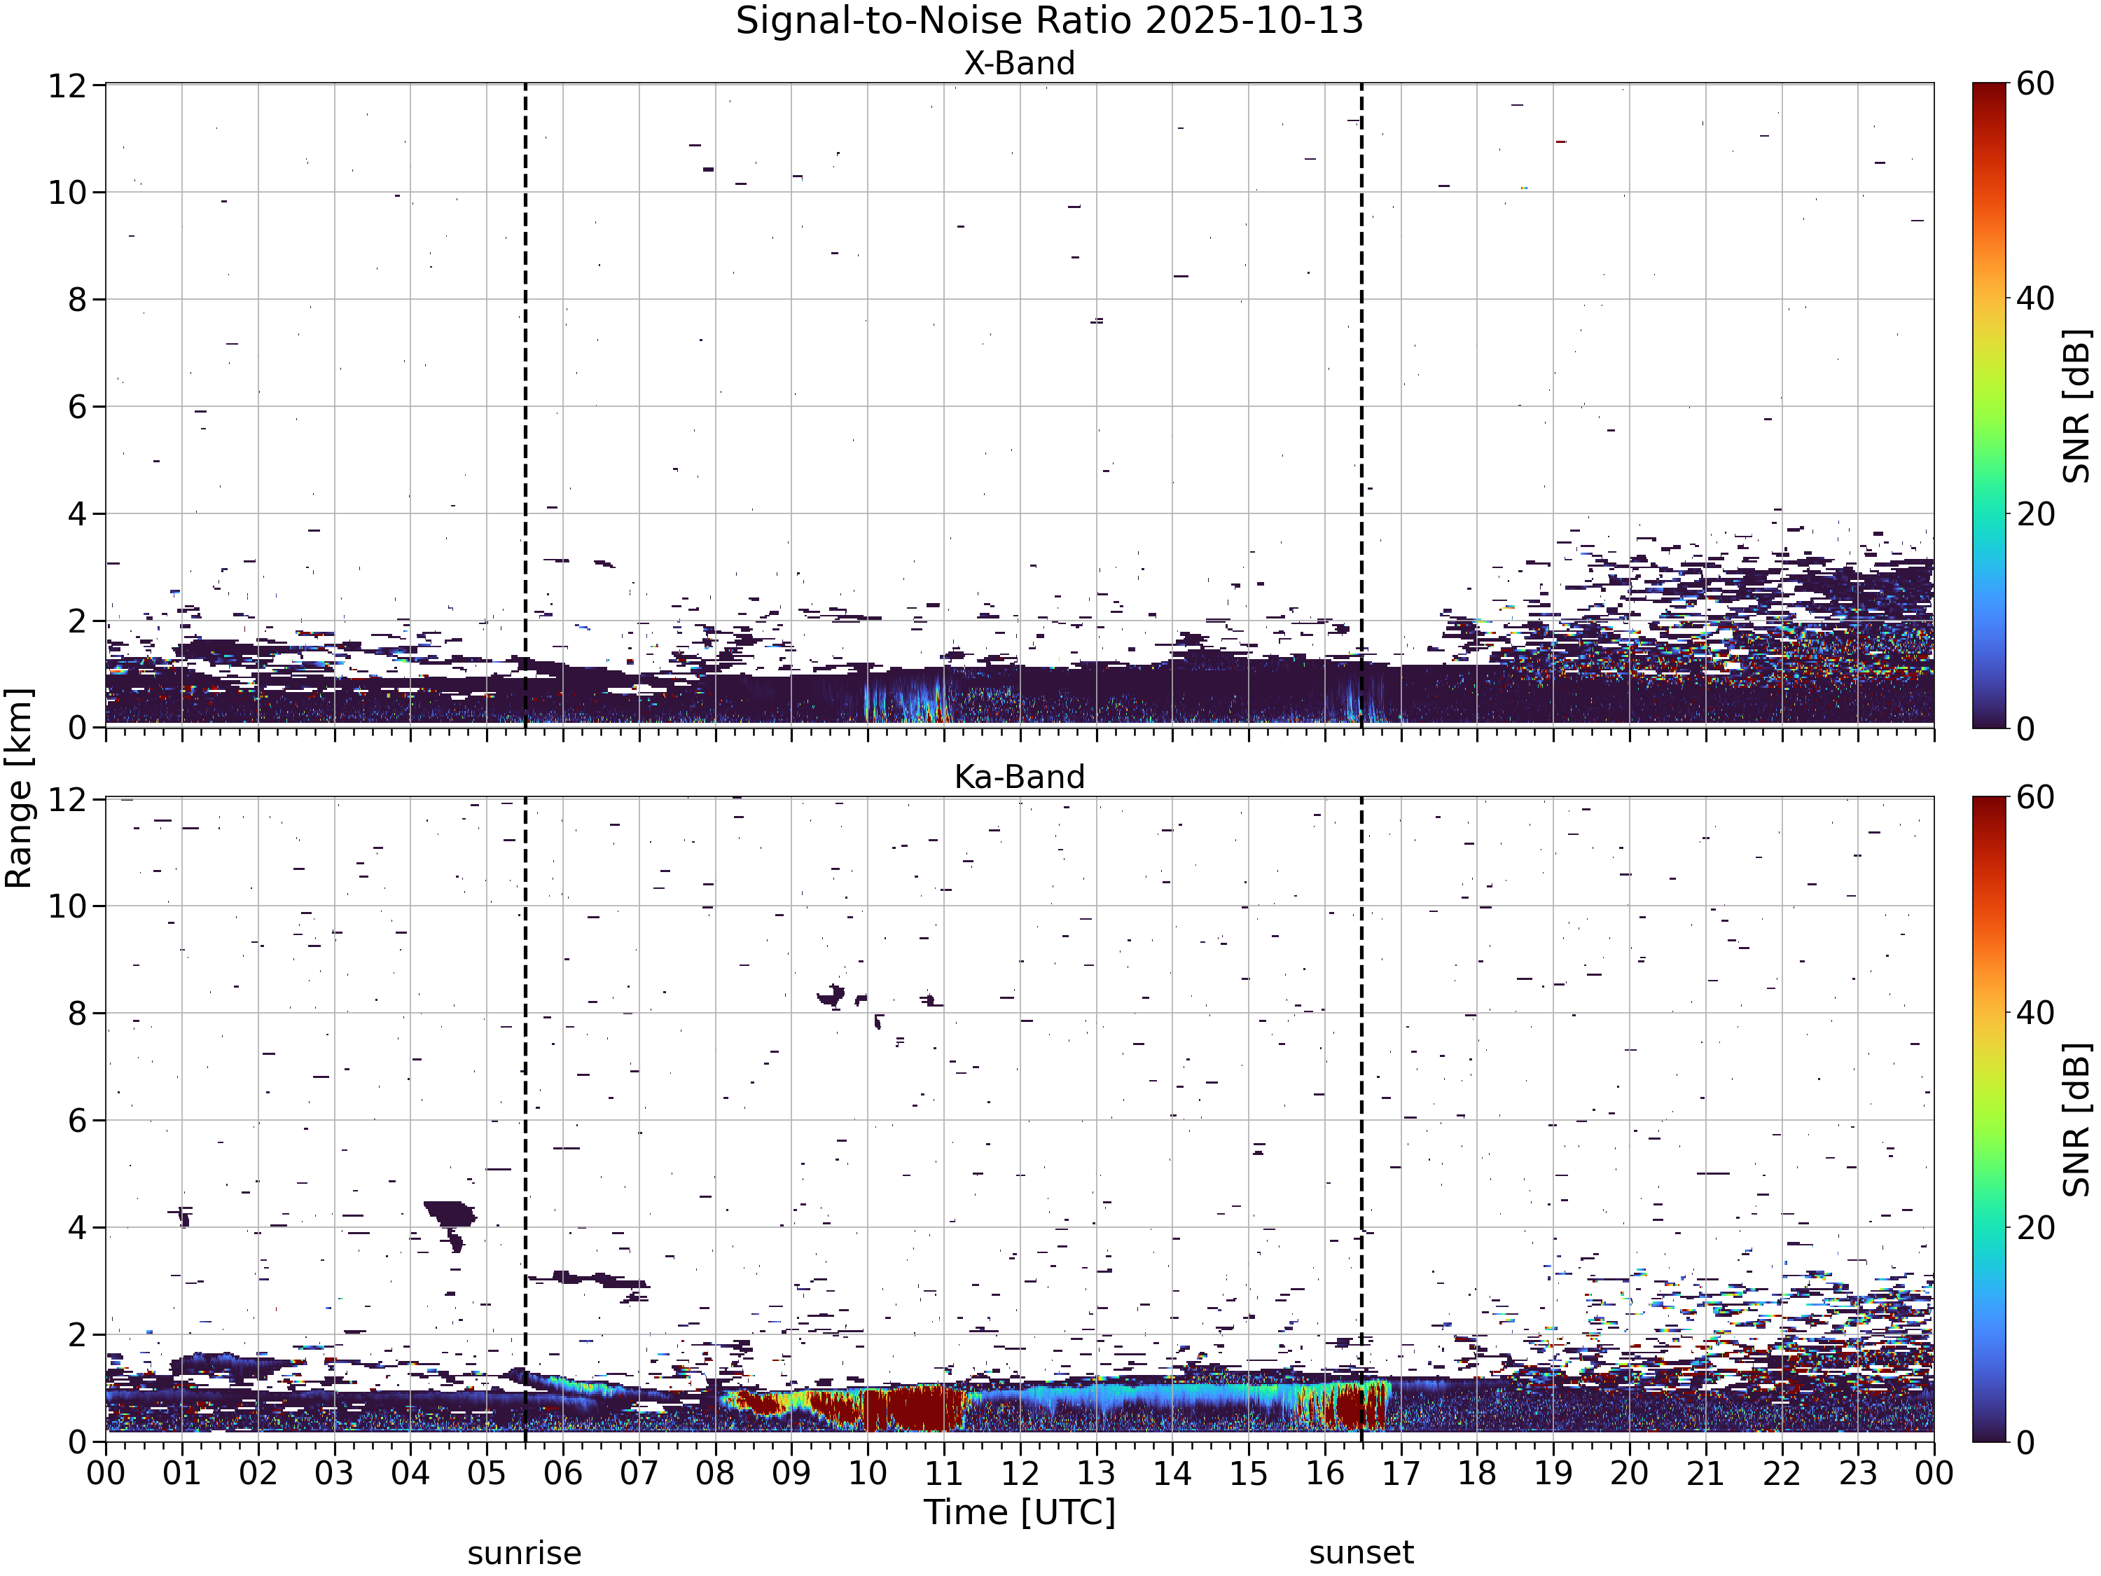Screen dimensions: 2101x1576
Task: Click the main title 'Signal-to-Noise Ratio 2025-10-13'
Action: coord(1050,21)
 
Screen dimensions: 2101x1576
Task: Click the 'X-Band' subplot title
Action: coord(1019,63)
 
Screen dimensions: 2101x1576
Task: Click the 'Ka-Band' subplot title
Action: coord(1019,776)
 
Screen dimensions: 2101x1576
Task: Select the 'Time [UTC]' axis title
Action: coord(1019,1512)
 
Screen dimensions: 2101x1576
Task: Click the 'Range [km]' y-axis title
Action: coord(19,789)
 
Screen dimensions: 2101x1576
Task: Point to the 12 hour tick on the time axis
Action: coord(1020,1472)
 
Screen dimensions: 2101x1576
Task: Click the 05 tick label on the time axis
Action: coord(486,1472)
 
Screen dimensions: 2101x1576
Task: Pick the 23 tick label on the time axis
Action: coord(1858,1472)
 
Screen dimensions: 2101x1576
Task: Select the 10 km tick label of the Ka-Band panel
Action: coord(70,906)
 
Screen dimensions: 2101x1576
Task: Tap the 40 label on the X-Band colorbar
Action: coord(2035,298)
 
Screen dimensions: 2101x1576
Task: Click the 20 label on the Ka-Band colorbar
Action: coord(2035,1227)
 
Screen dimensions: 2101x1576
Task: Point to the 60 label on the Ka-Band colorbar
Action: coord(2035,797)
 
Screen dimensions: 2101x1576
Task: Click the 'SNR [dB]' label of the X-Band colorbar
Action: coord(2078,406)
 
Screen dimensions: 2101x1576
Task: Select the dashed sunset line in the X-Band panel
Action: coord(1361,406)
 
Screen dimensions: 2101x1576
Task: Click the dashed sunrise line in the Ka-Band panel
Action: coord(525,1119)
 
